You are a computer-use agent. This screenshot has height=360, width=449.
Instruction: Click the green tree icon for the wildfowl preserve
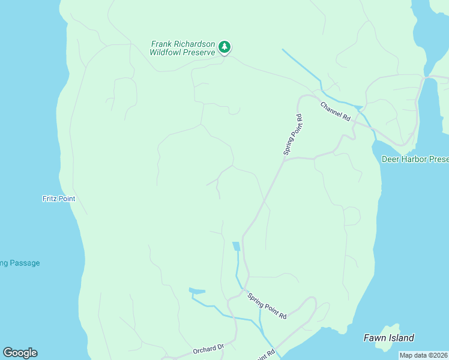[224, 46]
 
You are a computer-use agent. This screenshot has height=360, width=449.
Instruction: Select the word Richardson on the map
[194, 44]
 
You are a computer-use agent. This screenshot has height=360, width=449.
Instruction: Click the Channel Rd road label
[335, 112]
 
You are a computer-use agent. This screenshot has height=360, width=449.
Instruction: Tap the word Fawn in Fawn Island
[375, 338]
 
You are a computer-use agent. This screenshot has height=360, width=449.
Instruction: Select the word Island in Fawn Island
[402, 338]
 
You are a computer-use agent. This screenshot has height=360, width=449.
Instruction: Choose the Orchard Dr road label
[208, 349]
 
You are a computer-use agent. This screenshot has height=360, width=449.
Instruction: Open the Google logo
[20, 353]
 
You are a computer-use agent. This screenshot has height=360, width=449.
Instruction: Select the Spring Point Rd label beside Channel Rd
[293, 136]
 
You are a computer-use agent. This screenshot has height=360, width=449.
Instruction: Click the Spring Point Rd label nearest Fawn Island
[267, 306]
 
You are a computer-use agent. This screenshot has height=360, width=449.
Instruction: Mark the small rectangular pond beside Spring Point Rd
[236, 246]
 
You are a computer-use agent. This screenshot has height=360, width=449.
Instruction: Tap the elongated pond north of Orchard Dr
[197, 292]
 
